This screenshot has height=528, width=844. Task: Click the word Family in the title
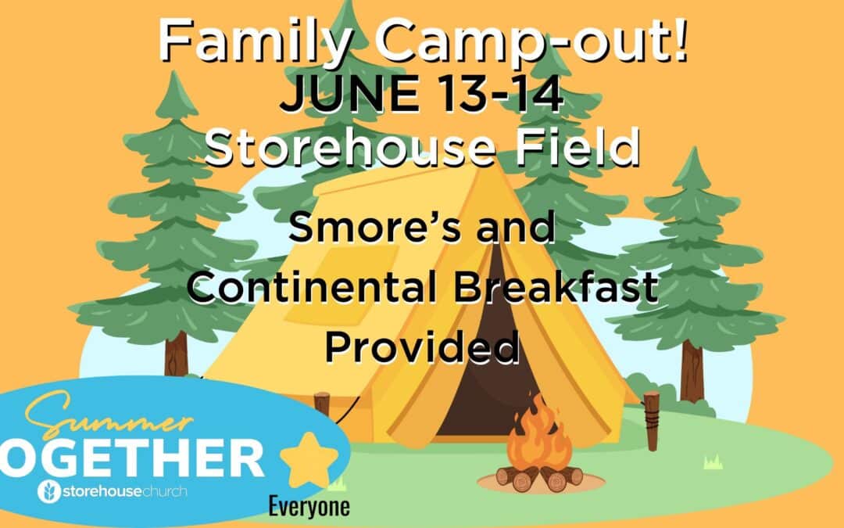pyautogui.click(x=256, y=41)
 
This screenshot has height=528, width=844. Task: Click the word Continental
pyautogui.click(x=312, y=286)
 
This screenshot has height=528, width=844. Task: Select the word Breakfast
pyautogui.click(x=556, y=286)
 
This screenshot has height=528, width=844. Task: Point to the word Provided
pyautogui.click(x=423, y=347)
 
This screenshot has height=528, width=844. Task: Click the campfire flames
pyautogui.click(x=538, y=432)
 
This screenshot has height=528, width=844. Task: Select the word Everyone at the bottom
pyautogui.click(x=309, y=506)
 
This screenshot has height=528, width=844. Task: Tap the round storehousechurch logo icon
pyautogui.click(x=49, y=491)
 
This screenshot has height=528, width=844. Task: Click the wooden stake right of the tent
pyautogui.click(x=651, y=421)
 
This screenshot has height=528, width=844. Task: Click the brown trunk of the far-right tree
pyautogui.click(x=692, y=372)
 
